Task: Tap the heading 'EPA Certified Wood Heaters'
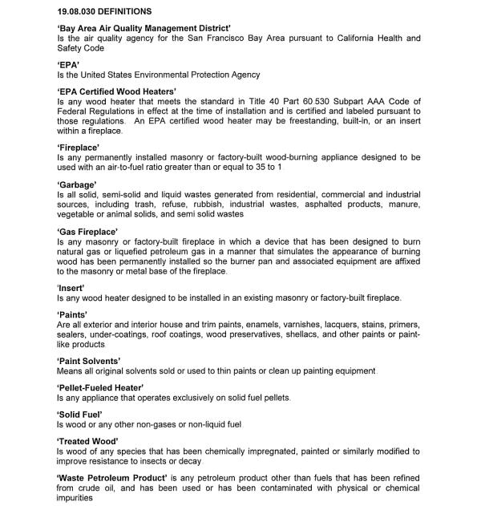point(116,92)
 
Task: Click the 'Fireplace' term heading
point(78,148)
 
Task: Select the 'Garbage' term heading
point(77,184)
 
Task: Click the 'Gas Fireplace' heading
point(87,232)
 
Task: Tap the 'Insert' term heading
point(71,287)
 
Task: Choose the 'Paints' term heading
point(72,314)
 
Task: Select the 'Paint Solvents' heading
point(89,361)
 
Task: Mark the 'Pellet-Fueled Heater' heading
point(100,388)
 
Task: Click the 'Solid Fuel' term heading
point(81,414)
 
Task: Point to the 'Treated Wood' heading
point(87,441)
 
